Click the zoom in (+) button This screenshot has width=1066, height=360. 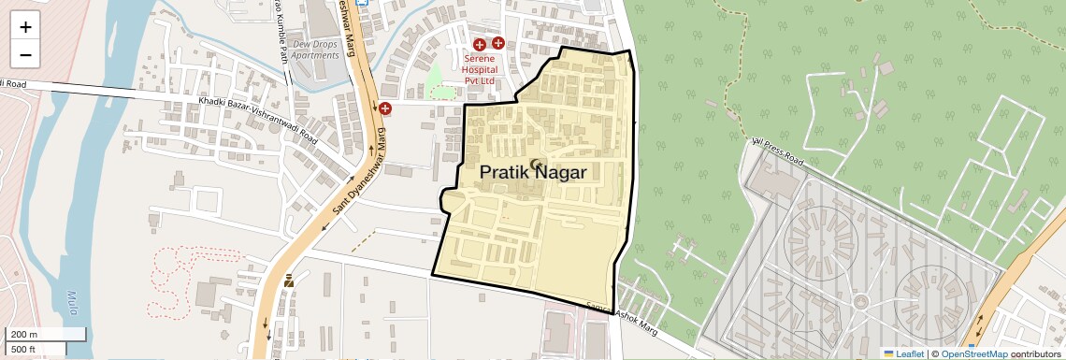tap(25, 27)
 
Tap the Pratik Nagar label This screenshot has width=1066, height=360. tap(533, 173)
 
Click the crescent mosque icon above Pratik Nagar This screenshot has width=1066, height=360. tap(536, 165)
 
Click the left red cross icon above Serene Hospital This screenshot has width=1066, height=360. tap(480, 44)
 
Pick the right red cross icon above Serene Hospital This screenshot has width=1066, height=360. tap(498, 43)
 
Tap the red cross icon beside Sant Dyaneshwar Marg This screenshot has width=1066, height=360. tap(384, 109)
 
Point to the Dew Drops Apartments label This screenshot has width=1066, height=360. tap(314, 50)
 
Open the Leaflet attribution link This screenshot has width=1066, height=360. tap(903, 353)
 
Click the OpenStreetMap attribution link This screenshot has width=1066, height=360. tap(973, 353)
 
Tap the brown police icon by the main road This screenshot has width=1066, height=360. tap(289, 281)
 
